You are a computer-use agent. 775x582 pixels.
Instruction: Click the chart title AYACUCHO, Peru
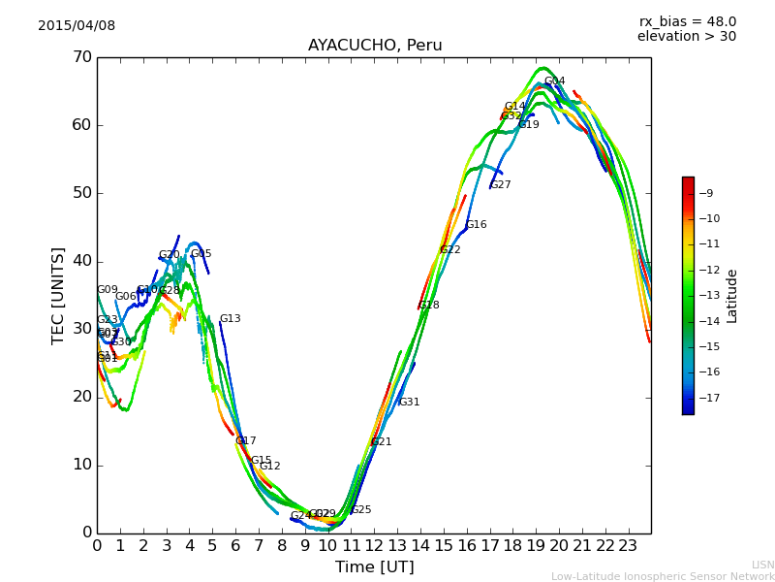coord(375,45)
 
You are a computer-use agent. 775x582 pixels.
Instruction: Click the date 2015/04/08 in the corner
coord(77,26)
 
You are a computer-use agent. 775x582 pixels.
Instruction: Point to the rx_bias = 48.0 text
coord(688,21)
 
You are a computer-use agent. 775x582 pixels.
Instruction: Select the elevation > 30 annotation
coord(686,37)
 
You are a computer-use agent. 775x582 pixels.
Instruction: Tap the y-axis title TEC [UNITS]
coord(58,295)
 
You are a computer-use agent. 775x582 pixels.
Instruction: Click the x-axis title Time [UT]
coord(374,566)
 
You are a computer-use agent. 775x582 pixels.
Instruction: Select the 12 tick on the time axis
coord(374,546)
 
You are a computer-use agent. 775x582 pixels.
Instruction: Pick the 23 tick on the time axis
coord(628,546)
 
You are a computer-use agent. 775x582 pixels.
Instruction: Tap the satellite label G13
coord(230,319)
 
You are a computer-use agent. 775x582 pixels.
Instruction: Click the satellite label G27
coord(501,185)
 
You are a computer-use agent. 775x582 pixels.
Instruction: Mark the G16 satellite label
coord(476,225)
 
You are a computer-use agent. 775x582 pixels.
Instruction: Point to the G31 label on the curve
coord(409,403)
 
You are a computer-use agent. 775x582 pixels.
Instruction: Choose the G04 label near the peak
coord(554,82)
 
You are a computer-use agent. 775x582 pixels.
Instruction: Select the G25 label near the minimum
coord(361,510)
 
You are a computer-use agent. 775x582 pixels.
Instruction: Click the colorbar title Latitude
coord(732,295)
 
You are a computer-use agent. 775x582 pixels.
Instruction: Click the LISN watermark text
coord(762,565)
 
